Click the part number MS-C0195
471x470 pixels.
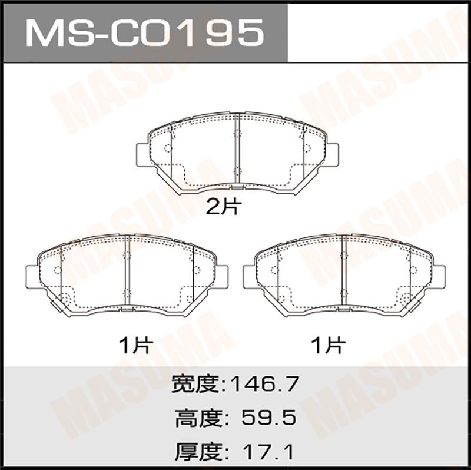(x=145, y=32)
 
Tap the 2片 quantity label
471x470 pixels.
(x=224, y=207)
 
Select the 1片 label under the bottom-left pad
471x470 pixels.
(x=137, y=345)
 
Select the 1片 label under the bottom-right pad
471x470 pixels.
(x=329, y=345)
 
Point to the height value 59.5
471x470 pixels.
(x=268, y=418)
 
